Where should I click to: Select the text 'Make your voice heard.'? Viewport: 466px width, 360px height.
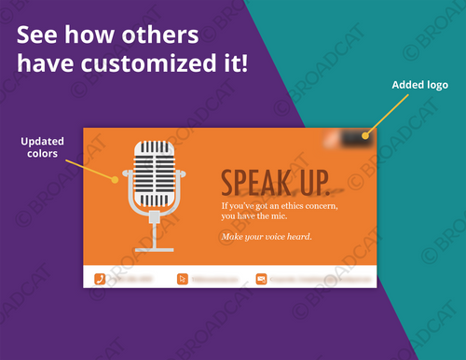[x=266, y=236]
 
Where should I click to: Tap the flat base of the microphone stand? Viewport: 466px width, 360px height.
[x=154, y=249]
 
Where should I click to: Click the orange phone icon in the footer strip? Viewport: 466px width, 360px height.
[x=100, y=278]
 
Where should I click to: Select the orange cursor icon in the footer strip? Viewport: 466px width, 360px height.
[x=183, y=278]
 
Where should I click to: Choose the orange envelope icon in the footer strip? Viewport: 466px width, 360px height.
[x=261, y=278]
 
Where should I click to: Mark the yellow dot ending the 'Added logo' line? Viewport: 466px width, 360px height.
[x=366, y=136]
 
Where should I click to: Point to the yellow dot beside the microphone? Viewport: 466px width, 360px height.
[x=116, y=178]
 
